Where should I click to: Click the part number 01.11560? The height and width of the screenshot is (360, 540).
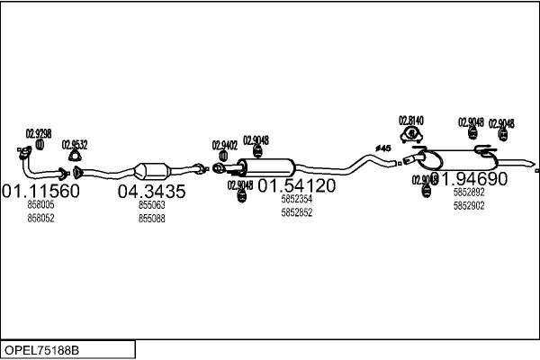(x=40, y=191)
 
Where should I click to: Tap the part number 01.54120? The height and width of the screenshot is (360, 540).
(x=297, y=185)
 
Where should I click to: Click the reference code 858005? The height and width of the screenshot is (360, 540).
(x=40, y=205)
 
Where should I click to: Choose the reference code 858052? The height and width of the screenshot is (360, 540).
(x=40, y=218)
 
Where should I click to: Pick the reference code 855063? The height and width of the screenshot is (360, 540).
(x=151, y=205)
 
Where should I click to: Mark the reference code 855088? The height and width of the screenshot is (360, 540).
(x=151, y=218)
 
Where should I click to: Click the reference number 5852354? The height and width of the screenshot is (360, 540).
(x=297, y=199)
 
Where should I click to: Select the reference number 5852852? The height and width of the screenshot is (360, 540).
(x=297, y=212)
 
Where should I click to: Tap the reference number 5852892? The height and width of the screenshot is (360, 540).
(x=469, y=192)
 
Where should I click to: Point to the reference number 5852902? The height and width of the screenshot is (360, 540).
(x=469, y=205)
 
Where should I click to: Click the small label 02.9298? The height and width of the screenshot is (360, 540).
(x=38, y=133)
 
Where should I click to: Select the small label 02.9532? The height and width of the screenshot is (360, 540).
(x=75, y=144)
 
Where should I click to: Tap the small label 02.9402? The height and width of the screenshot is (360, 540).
(x=224, y=144)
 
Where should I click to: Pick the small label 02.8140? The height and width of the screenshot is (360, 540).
(x=411, y=120)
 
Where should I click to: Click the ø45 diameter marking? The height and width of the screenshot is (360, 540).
(x=382, y=148)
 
